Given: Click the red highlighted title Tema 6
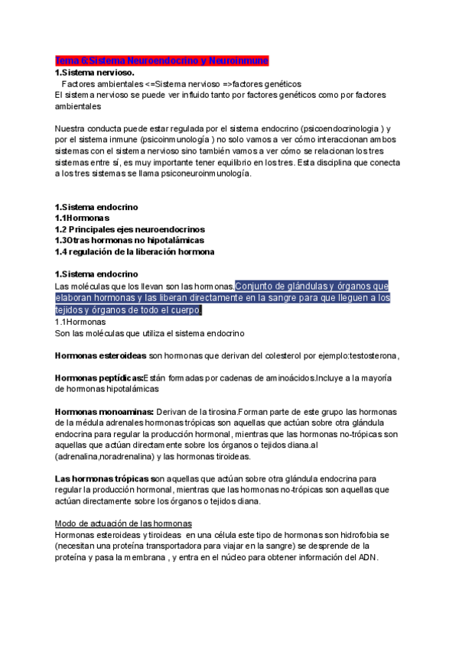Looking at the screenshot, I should [161, 60].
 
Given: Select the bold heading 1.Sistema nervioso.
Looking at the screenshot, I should [93, 72].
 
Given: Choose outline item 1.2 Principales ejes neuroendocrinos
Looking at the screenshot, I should [129, 229].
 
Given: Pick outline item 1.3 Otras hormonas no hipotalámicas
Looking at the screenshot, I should [125, 241].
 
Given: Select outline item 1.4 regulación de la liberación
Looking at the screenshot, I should [135, 252].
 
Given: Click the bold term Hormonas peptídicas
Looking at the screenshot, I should [99, 378].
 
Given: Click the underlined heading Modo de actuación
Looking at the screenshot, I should [123, 523].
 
